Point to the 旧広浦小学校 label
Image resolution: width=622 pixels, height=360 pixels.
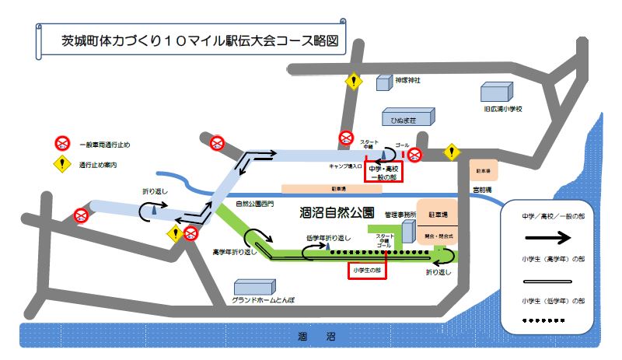click(x=502, y=110)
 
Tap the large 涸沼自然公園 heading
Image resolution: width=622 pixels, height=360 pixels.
click(x=337, y=211)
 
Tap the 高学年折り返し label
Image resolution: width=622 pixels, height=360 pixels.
click(x=234, y=252)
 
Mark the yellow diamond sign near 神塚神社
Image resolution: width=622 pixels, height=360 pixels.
click(x=355, y=81)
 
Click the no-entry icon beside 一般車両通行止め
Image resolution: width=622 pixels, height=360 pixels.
click(x=62, y=143)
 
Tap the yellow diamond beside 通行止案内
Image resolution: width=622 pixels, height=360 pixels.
click(x=62, y=165)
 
